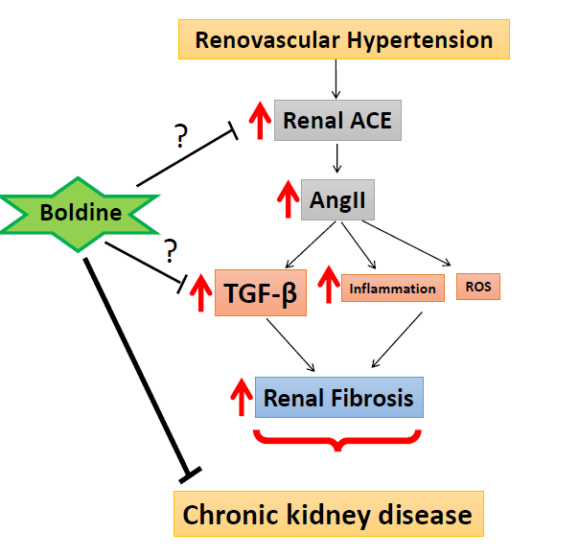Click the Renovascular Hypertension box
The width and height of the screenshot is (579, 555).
click(x=343, y=40)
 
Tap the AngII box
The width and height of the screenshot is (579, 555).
click(x=337, y=201)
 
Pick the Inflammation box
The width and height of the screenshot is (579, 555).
click(x=392, y=288)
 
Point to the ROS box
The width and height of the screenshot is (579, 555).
click(x=477, y=287)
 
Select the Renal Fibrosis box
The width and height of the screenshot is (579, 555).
click(x=339, y=396)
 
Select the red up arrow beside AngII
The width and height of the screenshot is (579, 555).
click(x=286, y=202)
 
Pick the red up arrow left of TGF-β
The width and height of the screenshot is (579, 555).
click(x=201, y=292)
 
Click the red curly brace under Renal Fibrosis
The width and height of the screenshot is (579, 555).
click(x=336, y=440)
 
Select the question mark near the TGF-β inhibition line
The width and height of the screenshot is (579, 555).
click(x=171, y=251)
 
